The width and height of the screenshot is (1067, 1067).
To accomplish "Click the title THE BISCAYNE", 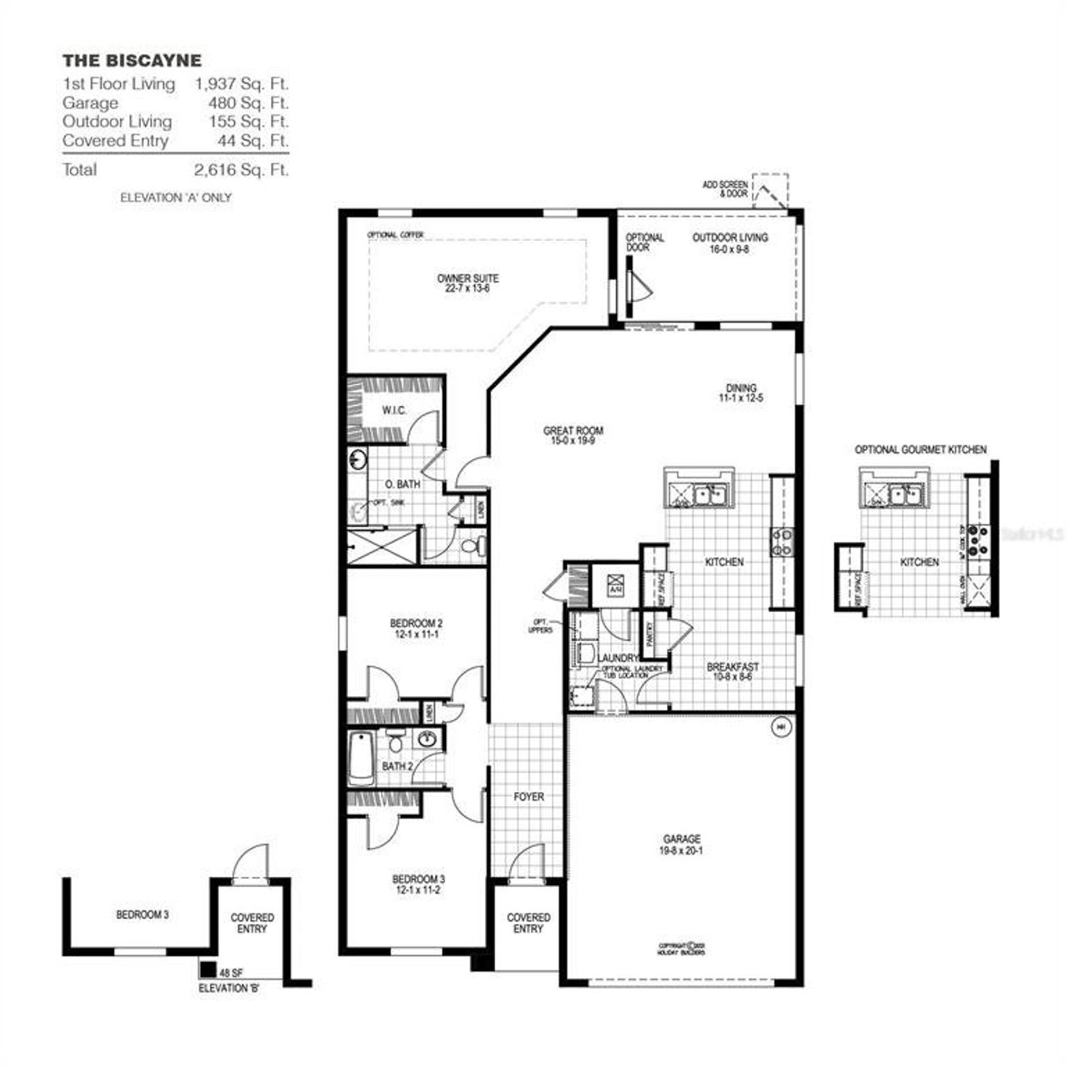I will coord(132,61).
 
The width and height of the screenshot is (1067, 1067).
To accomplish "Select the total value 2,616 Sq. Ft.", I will coord(241,170).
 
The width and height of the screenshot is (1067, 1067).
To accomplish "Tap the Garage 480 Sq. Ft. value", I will coord(248,103).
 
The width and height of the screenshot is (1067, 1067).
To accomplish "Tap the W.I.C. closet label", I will coord(393,410).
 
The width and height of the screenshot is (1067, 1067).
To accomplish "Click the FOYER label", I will coord(528,797).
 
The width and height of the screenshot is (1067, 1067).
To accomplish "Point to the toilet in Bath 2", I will coord(396,739).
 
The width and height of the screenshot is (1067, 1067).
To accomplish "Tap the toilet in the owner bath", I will coord(471,547).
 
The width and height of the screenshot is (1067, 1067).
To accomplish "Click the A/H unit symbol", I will coord(616,584).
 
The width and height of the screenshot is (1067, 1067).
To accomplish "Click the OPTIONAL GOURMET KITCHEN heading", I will coord(920,449).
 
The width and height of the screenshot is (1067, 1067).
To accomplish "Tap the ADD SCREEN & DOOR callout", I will coord(724,188).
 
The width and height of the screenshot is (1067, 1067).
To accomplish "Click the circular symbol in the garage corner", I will coord(781,727).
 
